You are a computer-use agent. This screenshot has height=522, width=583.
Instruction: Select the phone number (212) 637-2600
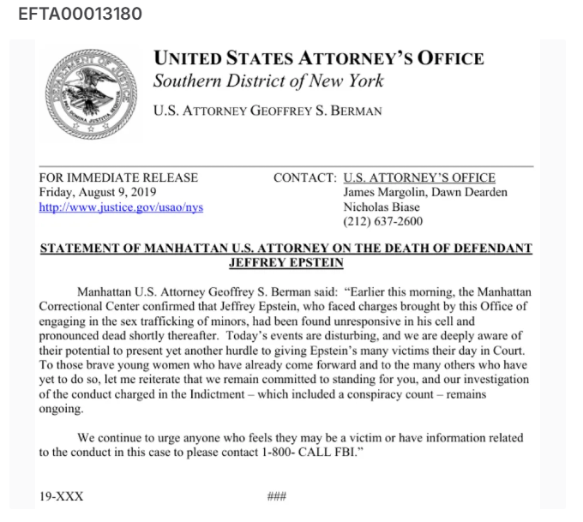click(x=382, y=221)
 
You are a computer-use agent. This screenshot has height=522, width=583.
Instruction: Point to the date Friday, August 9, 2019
click(x=105, y=192)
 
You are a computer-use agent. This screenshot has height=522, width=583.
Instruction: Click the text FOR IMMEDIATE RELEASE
click(x=118, y=177)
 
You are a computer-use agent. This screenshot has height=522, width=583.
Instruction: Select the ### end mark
click(x=276, y=496)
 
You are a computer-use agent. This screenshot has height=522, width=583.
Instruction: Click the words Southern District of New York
click(x=268, y=81)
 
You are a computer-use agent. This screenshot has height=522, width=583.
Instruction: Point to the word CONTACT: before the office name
click(x=304, y=177)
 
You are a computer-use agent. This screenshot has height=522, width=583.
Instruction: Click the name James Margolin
click(x=383, y=192)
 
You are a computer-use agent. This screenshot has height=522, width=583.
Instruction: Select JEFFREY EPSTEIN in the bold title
click(x=286, y=263)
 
